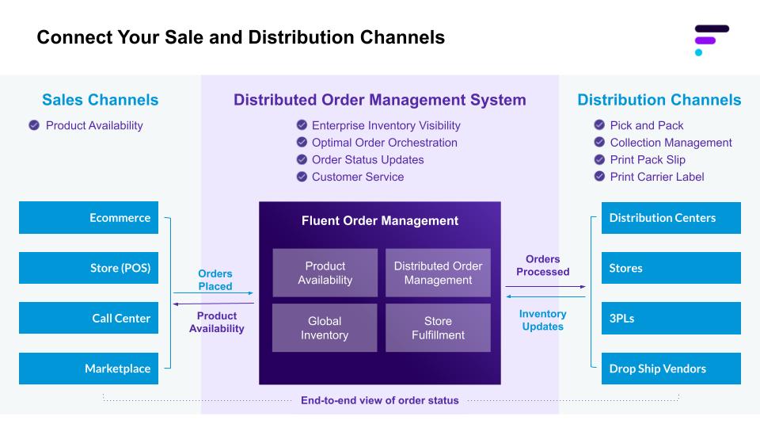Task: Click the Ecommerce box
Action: coord(89,218)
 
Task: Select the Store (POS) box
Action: coord(89,268)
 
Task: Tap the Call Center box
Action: coord(89,319)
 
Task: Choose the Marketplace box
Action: coord(89,369)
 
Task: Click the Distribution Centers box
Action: coord(671,218)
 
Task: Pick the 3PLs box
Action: coord(671,319)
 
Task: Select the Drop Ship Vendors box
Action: coord(671,369)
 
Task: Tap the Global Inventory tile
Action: coord(325,328)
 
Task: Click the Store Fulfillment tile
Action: coord(438,328)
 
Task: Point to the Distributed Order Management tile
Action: coord(438,273)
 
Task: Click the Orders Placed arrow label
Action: coord(215,280)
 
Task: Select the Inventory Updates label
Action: coord(542,320)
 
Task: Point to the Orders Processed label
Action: coord(542,266)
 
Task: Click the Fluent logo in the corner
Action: coord(710,40)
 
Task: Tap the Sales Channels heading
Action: coord(100,100)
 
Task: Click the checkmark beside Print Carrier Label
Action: coord(599,177)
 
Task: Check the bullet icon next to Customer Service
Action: coord(302,177)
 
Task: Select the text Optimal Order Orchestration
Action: coord(384,143)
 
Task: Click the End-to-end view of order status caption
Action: coord(379,400)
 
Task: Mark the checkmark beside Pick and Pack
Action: coord(599,125)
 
